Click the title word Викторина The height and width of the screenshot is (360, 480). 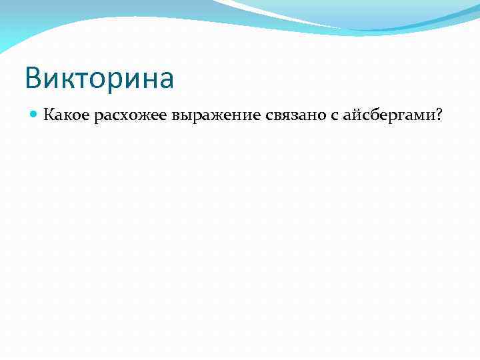pos(99,78)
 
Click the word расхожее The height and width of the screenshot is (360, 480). pos(131,115)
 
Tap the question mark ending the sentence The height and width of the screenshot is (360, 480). pos(439,115)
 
